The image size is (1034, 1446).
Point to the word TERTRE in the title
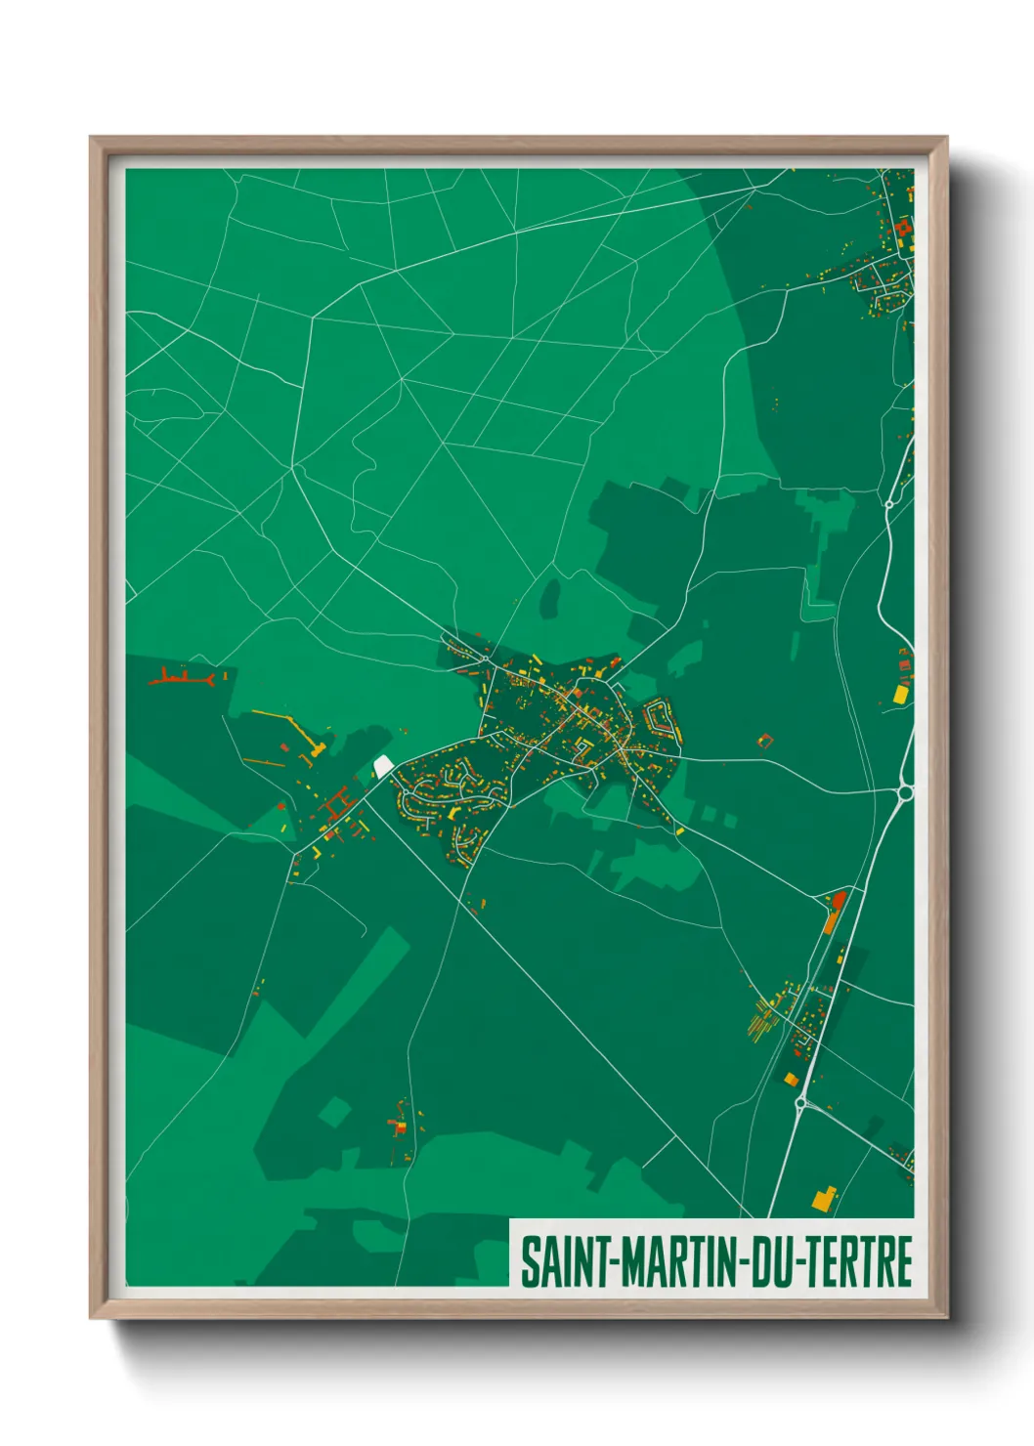click(x=857, y=1262)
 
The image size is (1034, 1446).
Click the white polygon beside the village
click(x=383, y=764)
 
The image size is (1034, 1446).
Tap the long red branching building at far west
click(x=183, y=676)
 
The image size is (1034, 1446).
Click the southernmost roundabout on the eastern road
click(x=801, y=1103)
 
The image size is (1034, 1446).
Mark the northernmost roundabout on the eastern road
click(x=889, y=503)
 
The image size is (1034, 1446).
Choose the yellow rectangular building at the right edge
click(x=900, y=694)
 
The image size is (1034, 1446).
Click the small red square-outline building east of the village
click(x=765, y=741)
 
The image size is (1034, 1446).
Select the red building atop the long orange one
click(x=837, y=899)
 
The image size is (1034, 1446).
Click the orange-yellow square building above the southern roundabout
click(x=791, y=1079)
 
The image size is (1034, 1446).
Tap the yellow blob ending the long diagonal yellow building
click(x=319, y=749)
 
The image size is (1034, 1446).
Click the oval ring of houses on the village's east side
click(x=661, y=720)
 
